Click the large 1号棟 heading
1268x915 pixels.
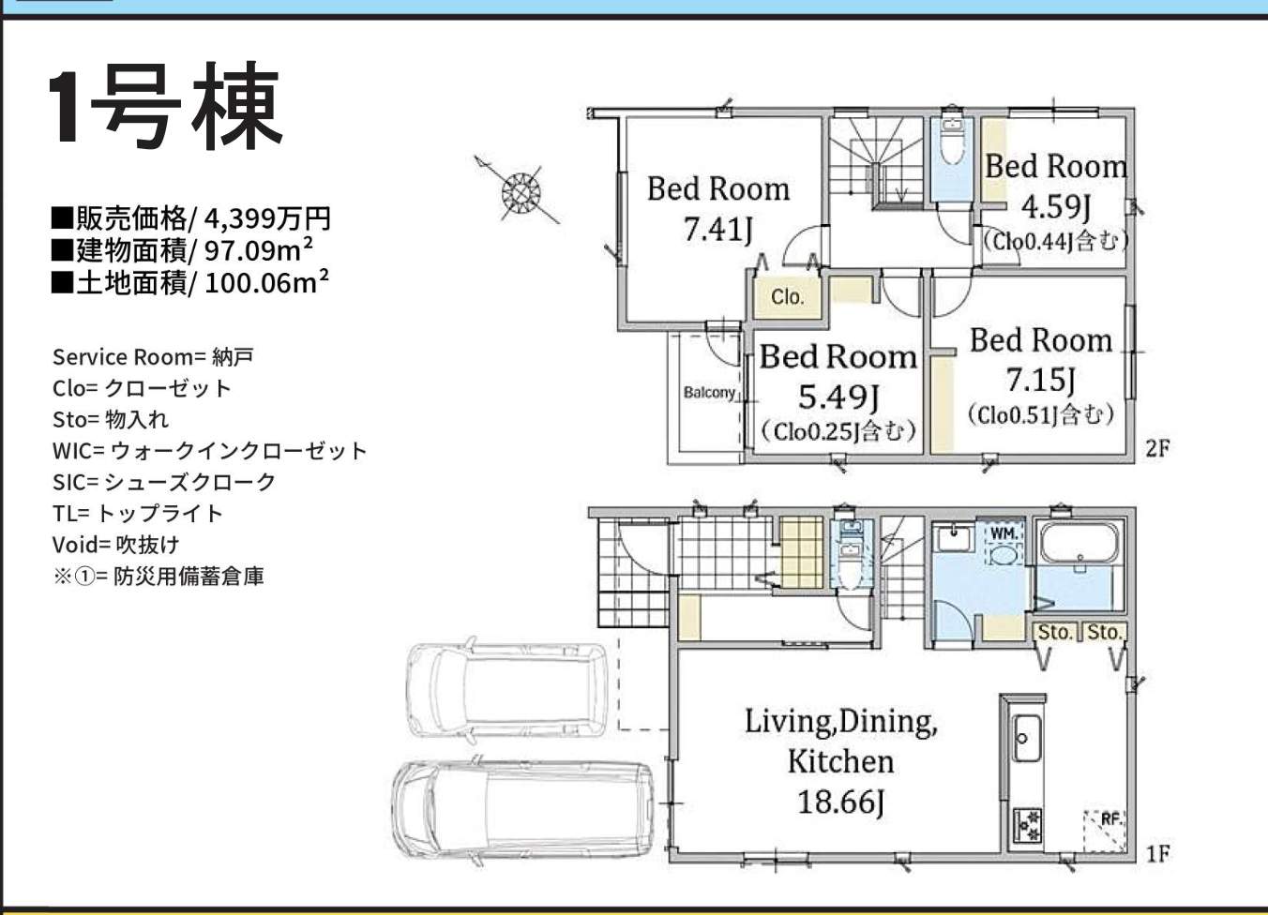point(165,105)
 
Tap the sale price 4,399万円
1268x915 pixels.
point(267,218)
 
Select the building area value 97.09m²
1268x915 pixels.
point(259,249)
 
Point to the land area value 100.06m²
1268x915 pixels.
point(266,282)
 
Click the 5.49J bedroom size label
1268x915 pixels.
point(838,397)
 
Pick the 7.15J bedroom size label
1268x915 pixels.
point(1040,379)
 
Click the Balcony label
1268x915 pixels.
point(709,392)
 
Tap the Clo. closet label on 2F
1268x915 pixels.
point(788,296)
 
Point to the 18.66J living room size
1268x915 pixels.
point(840,802)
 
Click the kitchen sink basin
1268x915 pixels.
point(1026,739)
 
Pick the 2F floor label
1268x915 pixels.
point(1157,449)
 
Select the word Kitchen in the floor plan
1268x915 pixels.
point(840,761)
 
